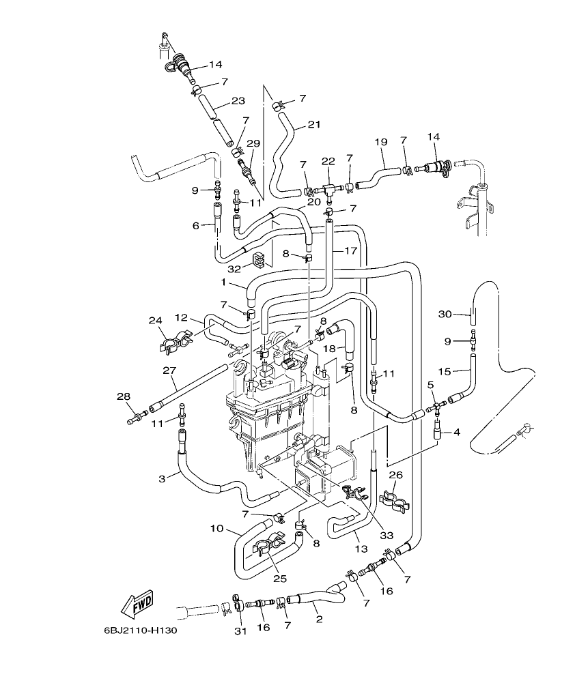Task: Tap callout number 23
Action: pyautogui.click(x=238, y=101)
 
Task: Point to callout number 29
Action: pyautogui.click(x=253, y=143)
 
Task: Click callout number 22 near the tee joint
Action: pyautogui.click(x=328, y=161)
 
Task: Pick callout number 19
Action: pyautogui.click(x=380, y=142)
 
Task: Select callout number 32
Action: pyautogui.click(x=234, y=269)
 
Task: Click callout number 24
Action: pyautogui.click(x=155, y=320)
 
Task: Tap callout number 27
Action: pyautogui.click(x=170, y=370)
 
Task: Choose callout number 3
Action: pyautogui.click(x=162, y=479)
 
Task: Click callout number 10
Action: pyautogui.click(x=217, y=528)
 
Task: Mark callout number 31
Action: pyautogui.click(x=240, y=631)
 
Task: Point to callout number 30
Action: pyautogui.click(x=445, y=314)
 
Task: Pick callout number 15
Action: pyautogui.click(x=445, y=372)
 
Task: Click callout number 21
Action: pyautogui.click(x=313, y=124)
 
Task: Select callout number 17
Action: pyautogui.click(x=350, y=251)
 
